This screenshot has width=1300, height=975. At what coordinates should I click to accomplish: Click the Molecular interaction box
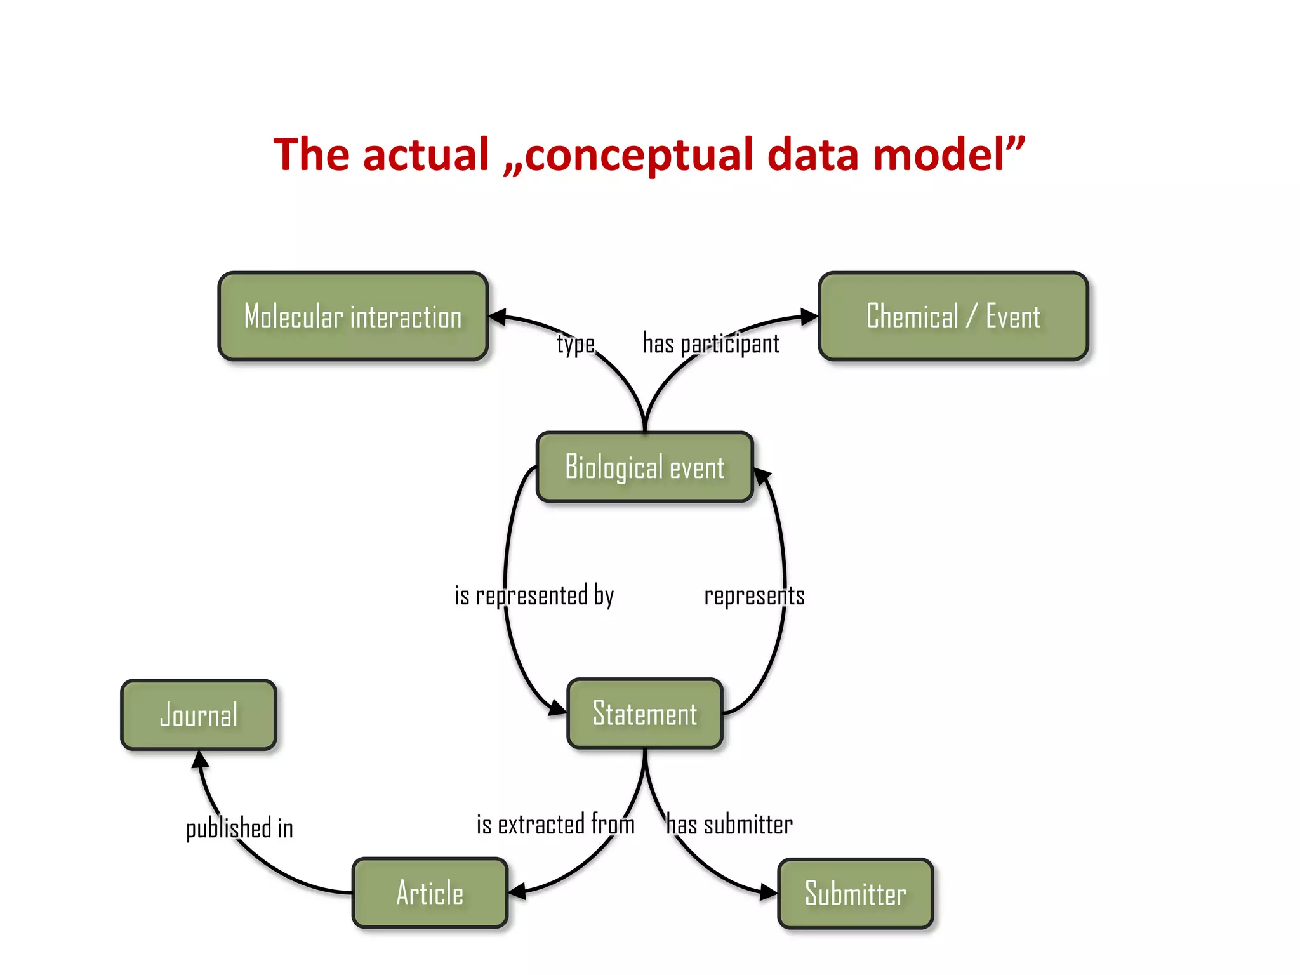point(353,316)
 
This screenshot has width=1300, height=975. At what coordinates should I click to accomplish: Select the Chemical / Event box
point(953,316)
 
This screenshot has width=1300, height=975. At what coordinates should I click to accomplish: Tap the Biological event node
point(644,467)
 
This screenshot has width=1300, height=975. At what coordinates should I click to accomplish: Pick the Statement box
point(644,713)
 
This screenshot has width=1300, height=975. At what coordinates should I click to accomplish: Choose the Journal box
point(199,715)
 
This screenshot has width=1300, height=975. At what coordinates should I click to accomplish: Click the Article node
point(430,892)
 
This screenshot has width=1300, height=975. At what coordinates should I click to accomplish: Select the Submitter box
point(855,893)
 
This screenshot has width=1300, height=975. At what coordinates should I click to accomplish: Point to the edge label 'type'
point(576,343)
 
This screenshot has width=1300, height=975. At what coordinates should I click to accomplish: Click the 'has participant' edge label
point(711,343)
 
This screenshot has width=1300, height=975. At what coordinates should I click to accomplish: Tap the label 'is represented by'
point(534,595)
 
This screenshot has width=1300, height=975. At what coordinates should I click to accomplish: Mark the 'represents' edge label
point(754,595)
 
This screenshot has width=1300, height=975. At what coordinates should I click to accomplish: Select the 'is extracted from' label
point(555,825)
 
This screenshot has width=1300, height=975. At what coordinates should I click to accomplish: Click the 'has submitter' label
point(729,825)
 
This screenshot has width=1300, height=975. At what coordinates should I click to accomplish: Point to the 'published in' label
point(239,828)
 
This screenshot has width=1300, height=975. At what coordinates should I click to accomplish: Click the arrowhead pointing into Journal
point(200,759)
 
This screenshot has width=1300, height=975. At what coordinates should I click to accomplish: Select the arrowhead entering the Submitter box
point(769,892)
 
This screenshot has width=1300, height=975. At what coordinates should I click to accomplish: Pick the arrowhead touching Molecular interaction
point(497,316)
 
